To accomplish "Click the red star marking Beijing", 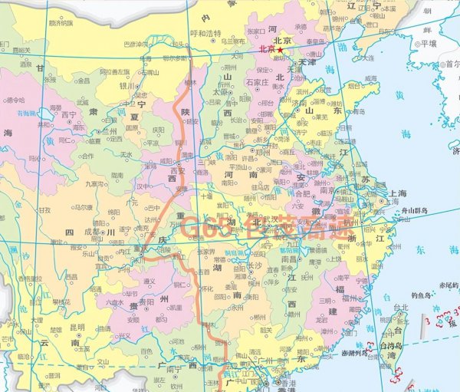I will click(281, 50).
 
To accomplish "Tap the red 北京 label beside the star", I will click(267, 50).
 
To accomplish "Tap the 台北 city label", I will click(400, 308).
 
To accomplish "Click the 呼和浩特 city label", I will click(205, 34).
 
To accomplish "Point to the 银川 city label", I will click(127, 87).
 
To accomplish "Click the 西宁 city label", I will click(69, 116).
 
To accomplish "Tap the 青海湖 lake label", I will click(28, 114).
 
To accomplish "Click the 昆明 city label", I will click(77, 326).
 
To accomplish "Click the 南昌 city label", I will click(291, 259).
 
